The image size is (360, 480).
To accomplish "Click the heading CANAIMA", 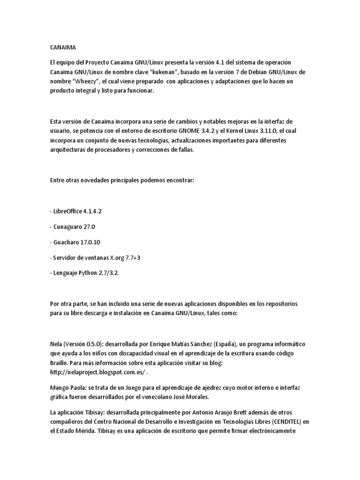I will click(x=61, y=47).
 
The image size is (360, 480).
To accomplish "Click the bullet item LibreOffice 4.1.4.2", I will click(x=75, y=211).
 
